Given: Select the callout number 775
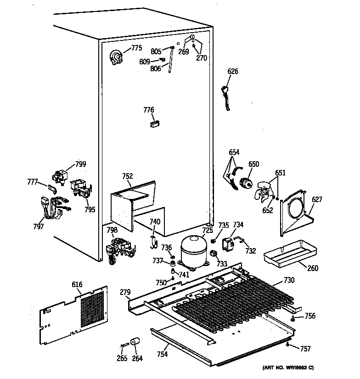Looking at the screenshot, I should point(136,48).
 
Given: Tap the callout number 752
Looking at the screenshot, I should point(128,175).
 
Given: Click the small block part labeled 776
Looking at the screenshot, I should point(155,123).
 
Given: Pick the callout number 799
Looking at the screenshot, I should point(81,164).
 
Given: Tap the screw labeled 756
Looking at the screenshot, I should point(292,317).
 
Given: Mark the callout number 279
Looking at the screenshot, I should point(125,292).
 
